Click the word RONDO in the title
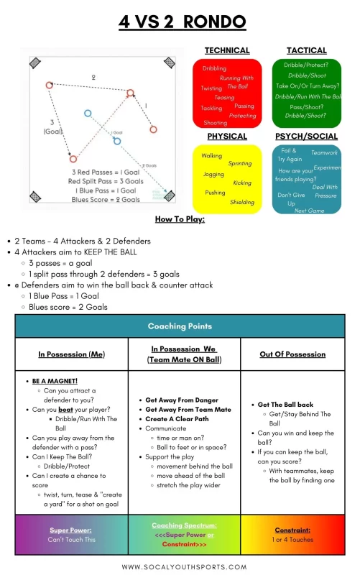click(215, 22)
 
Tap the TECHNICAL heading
click(227, 50)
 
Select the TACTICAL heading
click(307, 50)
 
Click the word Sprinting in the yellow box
click(239, 164)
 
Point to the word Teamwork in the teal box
click(324, 152)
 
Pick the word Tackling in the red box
click(211, 109)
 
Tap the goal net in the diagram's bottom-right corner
click(170, 195)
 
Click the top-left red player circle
click(50, 85)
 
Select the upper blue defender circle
click(88, 113)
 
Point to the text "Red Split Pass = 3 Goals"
click(104, 181)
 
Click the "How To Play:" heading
click(180, 219)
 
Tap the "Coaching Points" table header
click(180, 326)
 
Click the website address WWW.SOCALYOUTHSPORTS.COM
click(180, 566)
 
